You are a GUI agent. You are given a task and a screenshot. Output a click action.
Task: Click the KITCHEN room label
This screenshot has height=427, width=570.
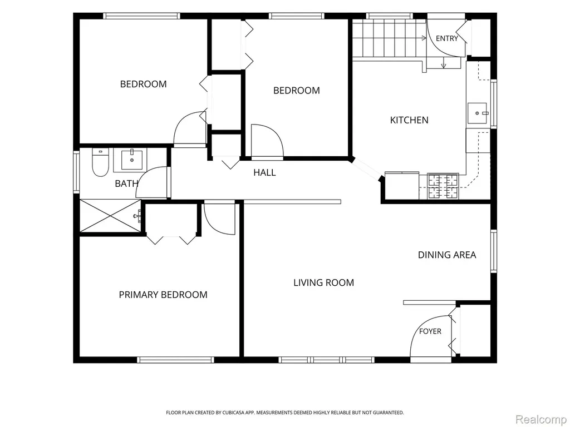pyautogui.click(x=409, y=120)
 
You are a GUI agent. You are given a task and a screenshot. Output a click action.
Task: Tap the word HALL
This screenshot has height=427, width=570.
pyautogui.click(x=264, y=172)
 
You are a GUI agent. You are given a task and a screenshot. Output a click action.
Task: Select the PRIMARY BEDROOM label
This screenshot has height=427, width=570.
pyautogui.click(x=163, y=295)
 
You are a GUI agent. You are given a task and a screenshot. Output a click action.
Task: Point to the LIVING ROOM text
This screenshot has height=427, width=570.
pyautogui.click(x=323, y=282)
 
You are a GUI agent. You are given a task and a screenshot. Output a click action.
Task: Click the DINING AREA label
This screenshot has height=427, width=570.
pyautogui.click(x=447, y=255)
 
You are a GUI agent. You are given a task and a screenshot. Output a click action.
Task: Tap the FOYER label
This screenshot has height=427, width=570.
pyautogui.click(x=430, y=331)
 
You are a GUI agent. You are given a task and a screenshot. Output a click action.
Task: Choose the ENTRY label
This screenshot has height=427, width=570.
pyautogui.click(x=447, y=38)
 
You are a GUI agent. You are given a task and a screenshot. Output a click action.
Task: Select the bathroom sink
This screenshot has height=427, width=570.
pyautogui.click(x=131, y=160)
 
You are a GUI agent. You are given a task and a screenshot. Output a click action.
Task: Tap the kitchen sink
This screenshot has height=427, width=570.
pyautogui.click(x=477, y=113)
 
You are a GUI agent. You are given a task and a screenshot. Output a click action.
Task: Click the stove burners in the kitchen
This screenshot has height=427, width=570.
pyautogui.click(x=443, y=186)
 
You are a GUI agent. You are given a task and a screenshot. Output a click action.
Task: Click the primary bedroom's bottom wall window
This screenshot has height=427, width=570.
pyautogui.click(x=175, y=360)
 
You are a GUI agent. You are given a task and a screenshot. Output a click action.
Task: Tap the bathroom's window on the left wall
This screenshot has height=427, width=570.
pyautogui.click(x=76, y=172)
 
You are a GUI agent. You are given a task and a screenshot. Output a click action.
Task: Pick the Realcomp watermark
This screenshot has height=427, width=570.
pyautogui.click(x=541, y=419)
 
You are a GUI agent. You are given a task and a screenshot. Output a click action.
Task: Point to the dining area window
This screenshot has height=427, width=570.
pyautogui.click(x=494, y=251)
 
